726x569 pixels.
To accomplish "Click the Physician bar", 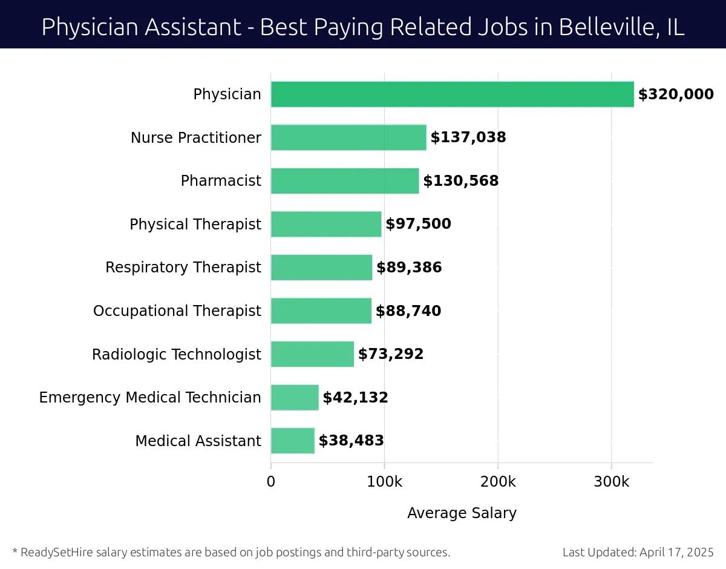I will click(452, 94).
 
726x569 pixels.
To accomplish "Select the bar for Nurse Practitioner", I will click(348, 137).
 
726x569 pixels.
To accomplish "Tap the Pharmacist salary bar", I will click(345, 181).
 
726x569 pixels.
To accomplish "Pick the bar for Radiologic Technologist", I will click(312, 354).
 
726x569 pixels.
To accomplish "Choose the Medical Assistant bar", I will click(293, 441).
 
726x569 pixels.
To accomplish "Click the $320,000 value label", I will click(676, 94).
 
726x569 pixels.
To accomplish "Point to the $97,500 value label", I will click(418, 224).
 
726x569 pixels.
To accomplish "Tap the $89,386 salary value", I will click(409, 268).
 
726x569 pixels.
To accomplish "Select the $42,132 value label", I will click(355, 398).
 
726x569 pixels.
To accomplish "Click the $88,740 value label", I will click(408, 311).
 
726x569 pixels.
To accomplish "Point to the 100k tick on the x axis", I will click(384, 482).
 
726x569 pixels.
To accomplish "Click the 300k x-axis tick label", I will click(611, 482).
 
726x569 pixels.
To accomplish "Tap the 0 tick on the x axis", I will click(271, 482).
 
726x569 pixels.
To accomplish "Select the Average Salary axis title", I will click(462, 513).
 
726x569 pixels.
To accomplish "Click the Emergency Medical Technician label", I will click(150, 398).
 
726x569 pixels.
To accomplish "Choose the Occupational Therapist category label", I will click(177, 311).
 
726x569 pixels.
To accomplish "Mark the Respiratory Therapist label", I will click(183, 268).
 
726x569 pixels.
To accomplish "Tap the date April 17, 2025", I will click(676, 552).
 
